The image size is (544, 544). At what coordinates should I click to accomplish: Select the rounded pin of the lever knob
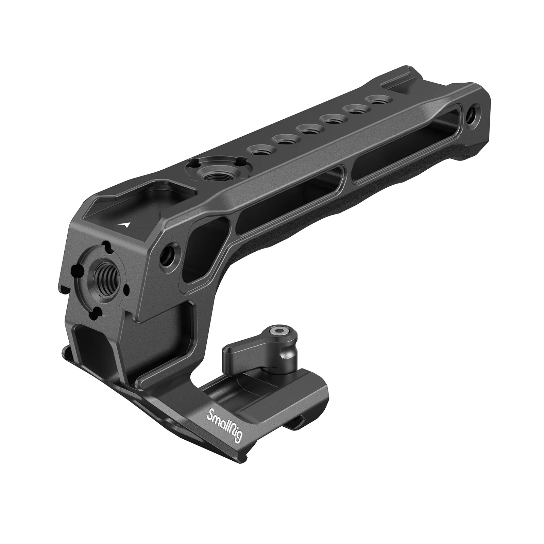288,355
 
